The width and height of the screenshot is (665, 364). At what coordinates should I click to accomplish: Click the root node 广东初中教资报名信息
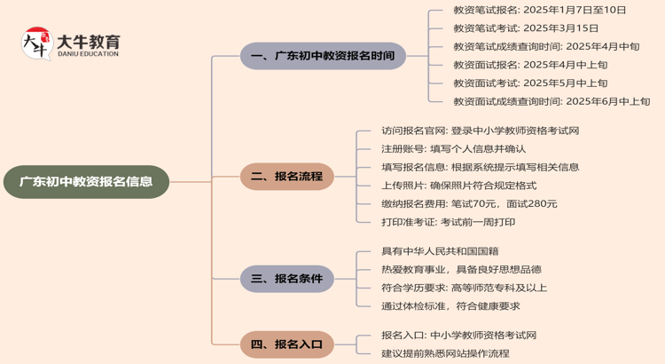pyautogui.click(x=86, y=181)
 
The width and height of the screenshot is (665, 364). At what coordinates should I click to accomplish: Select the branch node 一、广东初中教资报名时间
pyautogui.click(x=323, y=56)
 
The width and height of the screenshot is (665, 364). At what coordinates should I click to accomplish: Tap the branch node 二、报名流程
pyautogui.click(x=286, y=176)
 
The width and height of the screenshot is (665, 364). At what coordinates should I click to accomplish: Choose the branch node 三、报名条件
pyautogui.click(x=286, y=279)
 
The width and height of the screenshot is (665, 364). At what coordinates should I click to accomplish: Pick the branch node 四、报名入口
pyautogui.click(x=286, y=344)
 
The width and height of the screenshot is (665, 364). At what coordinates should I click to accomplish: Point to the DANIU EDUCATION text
pyautogui.click(x=88, y=54)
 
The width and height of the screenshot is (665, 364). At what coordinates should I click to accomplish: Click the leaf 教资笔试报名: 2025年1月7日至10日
pyautogui.click(x=539, y=11)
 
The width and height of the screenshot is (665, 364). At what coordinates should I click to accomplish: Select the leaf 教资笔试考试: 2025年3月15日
pyautogui.click(x=526, y=28)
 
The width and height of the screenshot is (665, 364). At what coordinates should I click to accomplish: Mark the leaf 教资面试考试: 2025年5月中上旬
pyautogui.click(x=530, y=83)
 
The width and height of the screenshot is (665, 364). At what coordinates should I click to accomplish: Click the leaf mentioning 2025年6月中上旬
pyautogui.click(x=551, y=102)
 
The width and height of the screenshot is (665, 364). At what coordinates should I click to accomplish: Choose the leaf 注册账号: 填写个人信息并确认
pyautogui.click(x=453, y=149)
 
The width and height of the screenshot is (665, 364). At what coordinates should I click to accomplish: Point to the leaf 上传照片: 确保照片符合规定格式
pyautogui.click(x=458, y=186)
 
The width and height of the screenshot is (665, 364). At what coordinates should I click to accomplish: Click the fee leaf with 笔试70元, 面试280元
pyautogui.click(x=469, y=204)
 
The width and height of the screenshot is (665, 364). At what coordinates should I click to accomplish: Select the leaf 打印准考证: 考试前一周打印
pyautogui.click(x=448, y=222)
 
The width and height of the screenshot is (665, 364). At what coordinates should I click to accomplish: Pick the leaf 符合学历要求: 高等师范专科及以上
pyautogui.click(x=464, y=288)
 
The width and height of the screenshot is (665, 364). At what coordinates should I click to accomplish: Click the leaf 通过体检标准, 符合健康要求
pyautogui.click(x=450, y=306)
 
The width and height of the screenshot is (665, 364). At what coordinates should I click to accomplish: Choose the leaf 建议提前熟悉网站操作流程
pyautogui.click(x=445, y=353)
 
